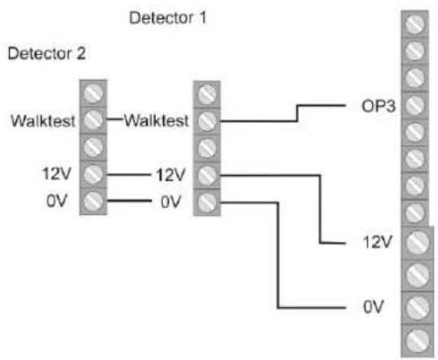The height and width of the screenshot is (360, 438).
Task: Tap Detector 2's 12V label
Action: [x=57, y=173]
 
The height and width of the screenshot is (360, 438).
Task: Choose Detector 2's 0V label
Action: [x=60, y=201]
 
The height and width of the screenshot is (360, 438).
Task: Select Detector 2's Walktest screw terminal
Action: [x=93, y=119]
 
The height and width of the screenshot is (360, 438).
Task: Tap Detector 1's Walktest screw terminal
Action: [x=208, y=119]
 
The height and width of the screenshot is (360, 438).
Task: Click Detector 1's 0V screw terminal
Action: [x=208, y=201]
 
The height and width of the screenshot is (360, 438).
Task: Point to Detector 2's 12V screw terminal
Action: [x=93, y=173]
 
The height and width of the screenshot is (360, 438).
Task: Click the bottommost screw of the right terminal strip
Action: [x=416, y=335]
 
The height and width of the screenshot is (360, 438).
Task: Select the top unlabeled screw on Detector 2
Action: [x=93, y=93]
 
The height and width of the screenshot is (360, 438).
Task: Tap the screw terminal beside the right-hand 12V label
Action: [x=416, y=243]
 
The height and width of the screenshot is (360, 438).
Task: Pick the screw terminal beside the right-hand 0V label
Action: [x=416, y=305]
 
